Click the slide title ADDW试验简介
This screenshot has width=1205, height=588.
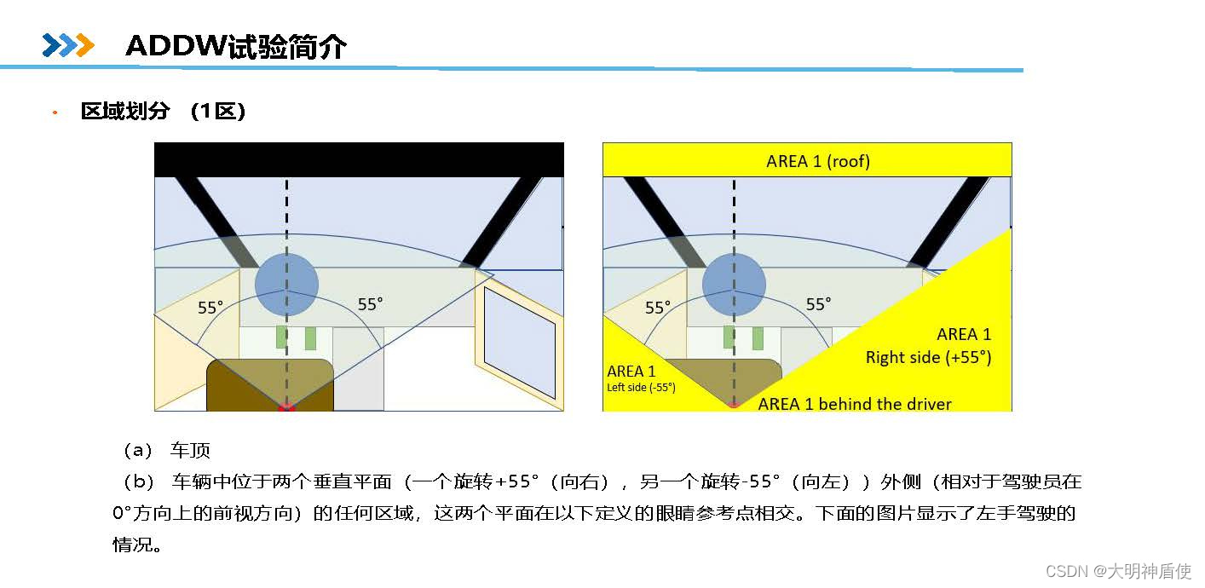235,46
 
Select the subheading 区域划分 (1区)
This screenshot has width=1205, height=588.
164,111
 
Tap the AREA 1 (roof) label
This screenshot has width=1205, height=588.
818,161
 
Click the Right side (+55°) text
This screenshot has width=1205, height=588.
928,357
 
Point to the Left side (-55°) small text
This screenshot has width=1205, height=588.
641,388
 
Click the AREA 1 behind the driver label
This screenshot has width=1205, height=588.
855,404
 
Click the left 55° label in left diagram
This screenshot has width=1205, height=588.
210,308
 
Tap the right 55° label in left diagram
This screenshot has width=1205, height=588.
370,304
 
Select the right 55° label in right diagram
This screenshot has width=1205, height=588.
818,304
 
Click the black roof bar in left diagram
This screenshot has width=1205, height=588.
358,159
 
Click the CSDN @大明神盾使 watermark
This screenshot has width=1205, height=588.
1117,571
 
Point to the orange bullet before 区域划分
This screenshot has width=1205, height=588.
55,112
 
